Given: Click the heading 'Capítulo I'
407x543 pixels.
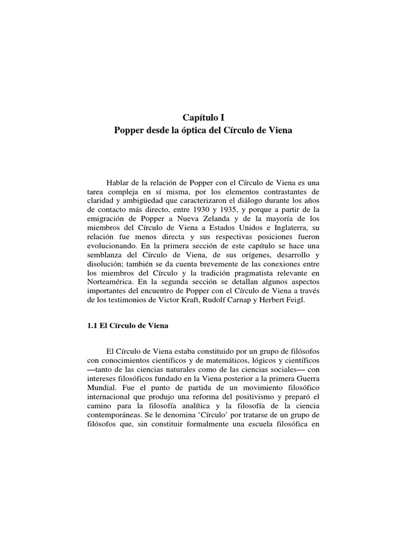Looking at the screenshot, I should coord(203,118).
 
